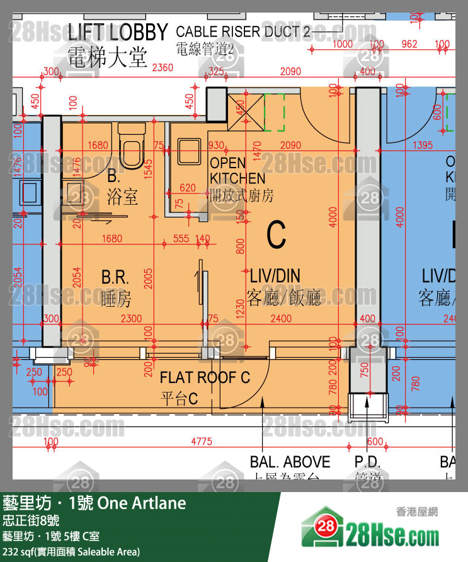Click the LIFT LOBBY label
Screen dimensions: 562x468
point(117,32)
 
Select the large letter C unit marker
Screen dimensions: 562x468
point(277,235)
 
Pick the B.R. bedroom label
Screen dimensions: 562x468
point(115,277)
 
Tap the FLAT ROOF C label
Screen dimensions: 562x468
point(205,377)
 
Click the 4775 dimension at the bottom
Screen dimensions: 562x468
point(201,441)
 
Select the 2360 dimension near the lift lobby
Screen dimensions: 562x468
point(163,68)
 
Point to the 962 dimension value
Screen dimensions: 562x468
point(409,44)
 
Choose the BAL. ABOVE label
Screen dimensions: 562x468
point(290,462)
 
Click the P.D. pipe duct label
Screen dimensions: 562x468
point(368,462)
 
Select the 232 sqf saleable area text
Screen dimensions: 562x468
point(71,551)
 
